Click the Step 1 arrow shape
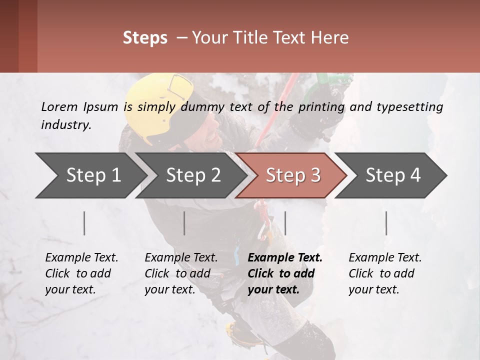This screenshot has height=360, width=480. coord(93,175)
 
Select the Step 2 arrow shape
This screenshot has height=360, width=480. coord(193,175)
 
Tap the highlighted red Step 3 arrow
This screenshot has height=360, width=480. coord(293,175)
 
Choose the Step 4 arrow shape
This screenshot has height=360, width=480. coord(393,175)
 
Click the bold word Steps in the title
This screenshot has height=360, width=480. coord(145,38)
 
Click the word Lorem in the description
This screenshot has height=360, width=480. coord(59,106)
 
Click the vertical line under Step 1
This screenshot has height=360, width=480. coord(84,223)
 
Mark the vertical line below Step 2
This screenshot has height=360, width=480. coord(184,223)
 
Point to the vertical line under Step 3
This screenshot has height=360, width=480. coord(285,223)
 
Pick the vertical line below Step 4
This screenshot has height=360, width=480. coord(386,223)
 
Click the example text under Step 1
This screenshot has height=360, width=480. coord(81,273)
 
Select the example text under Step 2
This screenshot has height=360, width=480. coord(181,273)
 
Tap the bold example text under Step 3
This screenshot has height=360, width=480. coord(285,273)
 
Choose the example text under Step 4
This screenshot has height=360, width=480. coord(385,273)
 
